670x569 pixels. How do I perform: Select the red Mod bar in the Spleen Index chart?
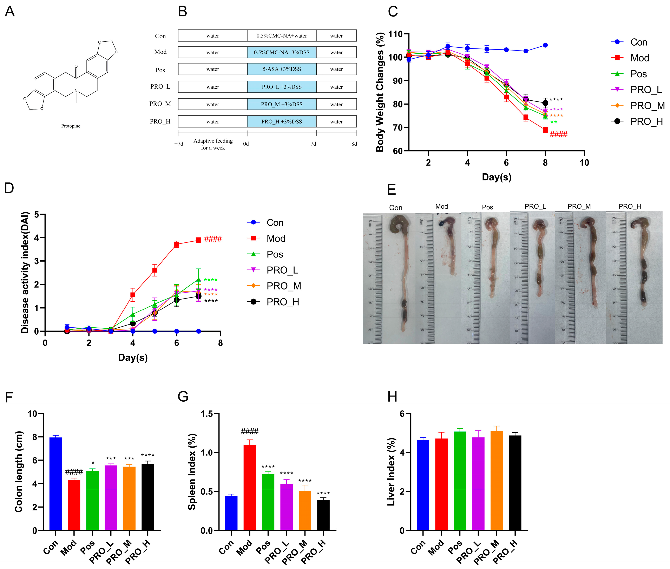pos(249,487)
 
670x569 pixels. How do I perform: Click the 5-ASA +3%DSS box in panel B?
pos(281,69)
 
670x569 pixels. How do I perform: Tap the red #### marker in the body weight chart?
pos(558,134)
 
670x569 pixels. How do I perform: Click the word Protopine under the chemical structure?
pos(71,126)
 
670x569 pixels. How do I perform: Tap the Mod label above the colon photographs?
pos(441,206)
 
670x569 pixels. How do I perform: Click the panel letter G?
pos(183,396)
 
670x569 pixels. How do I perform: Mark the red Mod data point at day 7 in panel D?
pos(198,240)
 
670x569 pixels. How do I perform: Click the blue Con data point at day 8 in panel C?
pos(545,45)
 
